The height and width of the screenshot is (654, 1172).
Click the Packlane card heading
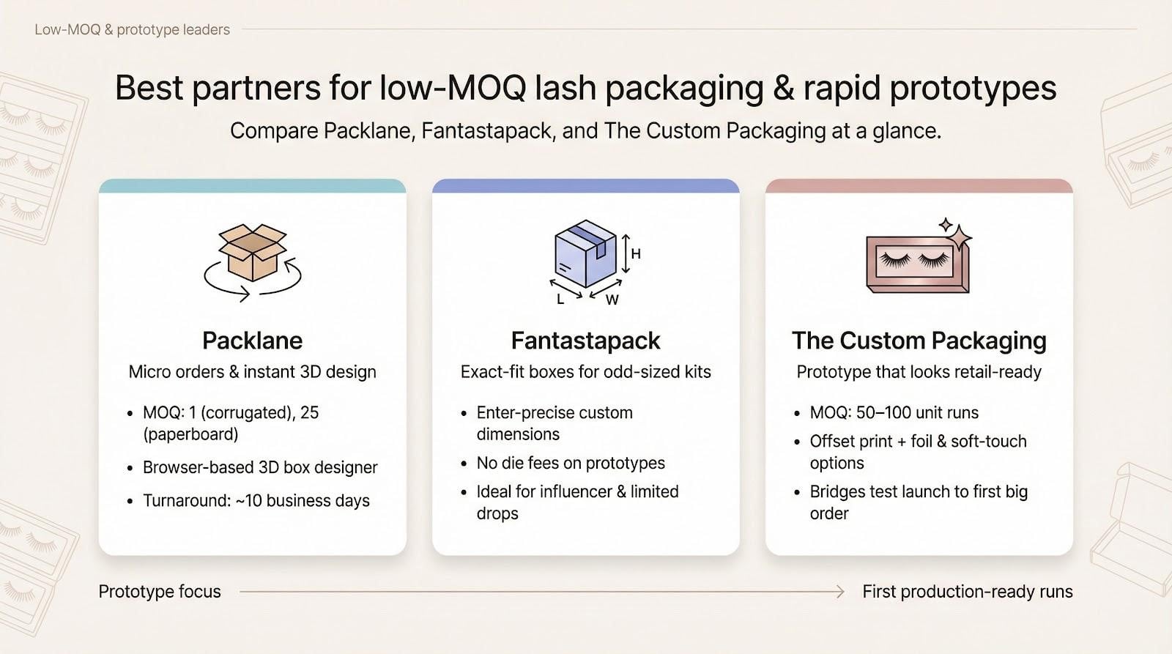[252, 341]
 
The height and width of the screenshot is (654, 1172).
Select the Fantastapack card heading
[585, 341]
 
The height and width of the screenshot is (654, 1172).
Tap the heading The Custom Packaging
[919, 341]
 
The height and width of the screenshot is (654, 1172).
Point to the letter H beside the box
[636, 253]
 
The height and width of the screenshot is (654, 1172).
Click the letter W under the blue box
[612, 300]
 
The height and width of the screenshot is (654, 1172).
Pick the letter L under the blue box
[560, 300]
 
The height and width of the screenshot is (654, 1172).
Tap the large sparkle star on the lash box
[959, 239]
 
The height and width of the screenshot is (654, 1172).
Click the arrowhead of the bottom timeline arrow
[840, 592]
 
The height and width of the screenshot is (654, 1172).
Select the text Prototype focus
[160, 592]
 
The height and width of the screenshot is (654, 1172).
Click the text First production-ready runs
[968, 592]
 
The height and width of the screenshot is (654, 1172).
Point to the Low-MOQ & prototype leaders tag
[133, 29]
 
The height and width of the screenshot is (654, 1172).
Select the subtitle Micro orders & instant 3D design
[252, 372]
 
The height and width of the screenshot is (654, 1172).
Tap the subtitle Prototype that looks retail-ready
[919, 372]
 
